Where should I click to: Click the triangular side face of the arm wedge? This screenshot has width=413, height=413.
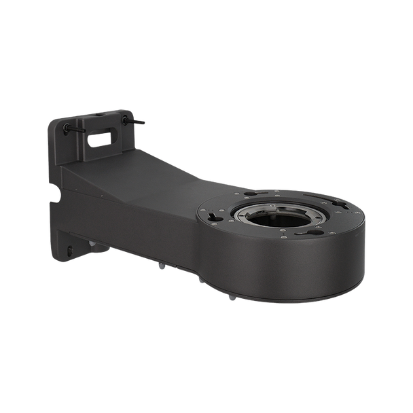74,179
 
